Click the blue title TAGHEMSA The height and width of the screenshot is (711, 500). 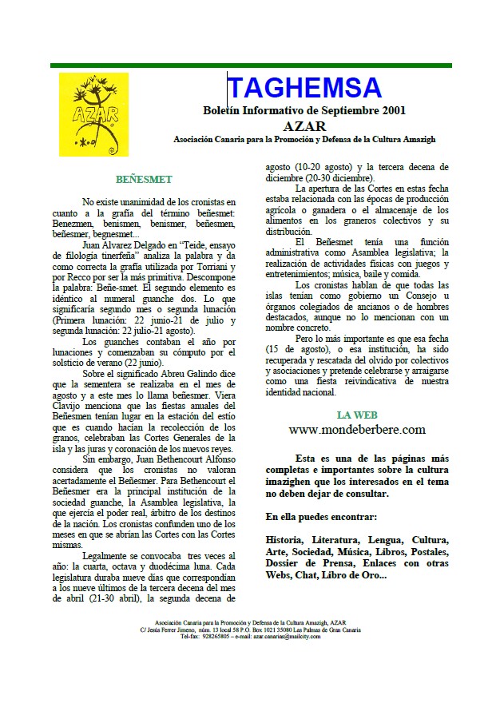click(304, 88)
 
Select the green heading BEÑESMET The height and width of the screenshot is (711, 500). click(143, 179)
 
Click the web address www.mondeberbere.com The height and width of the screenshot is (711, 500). click(357, 430)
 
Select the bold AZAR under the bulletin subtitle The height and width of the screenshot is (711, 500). click(304, 125)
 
